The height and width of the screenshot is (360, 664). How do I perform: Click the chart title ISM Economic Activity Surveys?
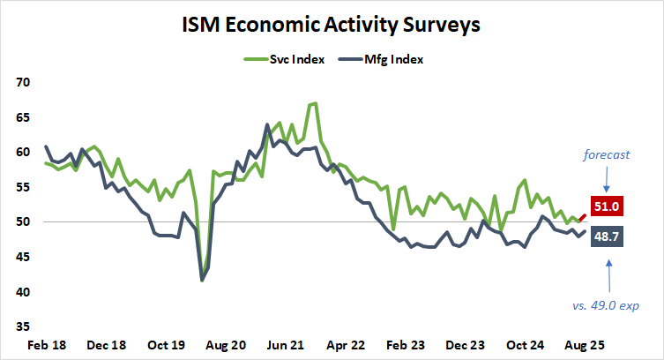[x=332, y=26]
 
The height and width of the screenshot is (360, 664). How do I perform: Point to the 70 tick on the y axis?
[x=22, y=82]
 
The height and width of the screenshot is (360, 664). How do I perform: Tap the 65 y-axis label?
[x=22, y=116]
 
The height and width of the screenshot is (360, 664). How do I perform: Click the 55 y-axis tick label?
[x=22, y=187]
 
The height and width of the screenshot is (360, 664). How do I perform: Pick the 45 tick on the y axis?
[x=22, y=257]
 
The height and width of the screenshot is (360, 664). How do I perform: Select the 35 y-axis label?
[x=22, y=326]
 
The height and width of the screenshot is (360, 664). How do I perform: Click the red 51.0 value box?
[x=609, y=206]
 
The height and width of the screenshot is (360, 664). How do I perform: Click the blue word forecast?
[x=607, y=155]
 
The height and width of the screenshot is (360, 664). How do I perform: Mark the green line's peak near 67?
[x=315, y=104]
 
